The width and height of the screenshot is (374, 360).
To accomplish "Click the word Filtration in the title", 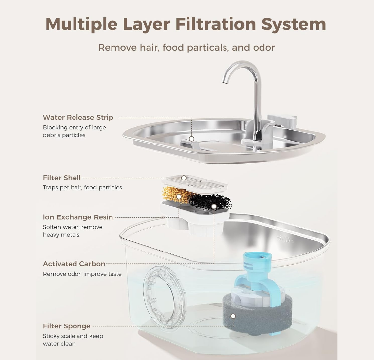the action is (x=216, y=24).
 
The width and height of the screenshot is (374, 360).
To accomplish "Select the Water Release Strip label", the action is (x=78, y=117).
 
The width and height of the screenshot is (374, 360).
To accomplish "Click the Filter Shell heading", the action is (x=62, y=178).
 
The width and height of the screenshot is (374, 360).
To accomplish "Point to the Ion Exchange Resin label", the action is (x=78, y=217).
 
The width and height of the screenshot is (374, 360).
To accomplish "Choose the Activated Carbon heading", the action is (x=74, y=264).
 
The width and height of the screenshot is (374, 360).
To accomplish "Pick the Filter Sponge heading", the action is (x=67, y=326).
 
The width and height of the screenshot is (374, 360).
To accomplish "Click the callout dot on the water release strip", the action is (x=191, y=139).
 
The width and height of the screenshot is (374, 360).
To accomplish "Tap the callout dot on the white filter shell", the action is (x=184, y=178).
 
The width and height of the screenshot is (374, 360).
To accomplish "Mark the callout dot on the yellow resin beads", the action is (x=179, y=197).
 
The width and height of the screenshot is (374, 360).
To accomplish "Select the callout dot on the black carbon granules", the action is (x=214, y=206).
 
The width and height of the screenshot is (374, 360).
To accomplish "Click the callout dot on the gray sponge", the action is (x=233, y=316).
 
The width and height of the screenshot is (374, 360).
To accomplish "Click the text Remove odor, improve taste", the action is (x=82, y=274).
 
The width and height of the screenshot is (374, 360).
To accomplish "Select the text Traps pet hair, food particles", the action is (x=82, y=187).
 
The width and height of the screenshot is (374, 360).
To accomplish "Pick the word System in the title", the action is (x=294, y=25).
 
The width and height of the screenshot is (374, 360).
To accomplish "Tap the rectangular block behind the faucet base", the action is (x=282, y=120).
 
